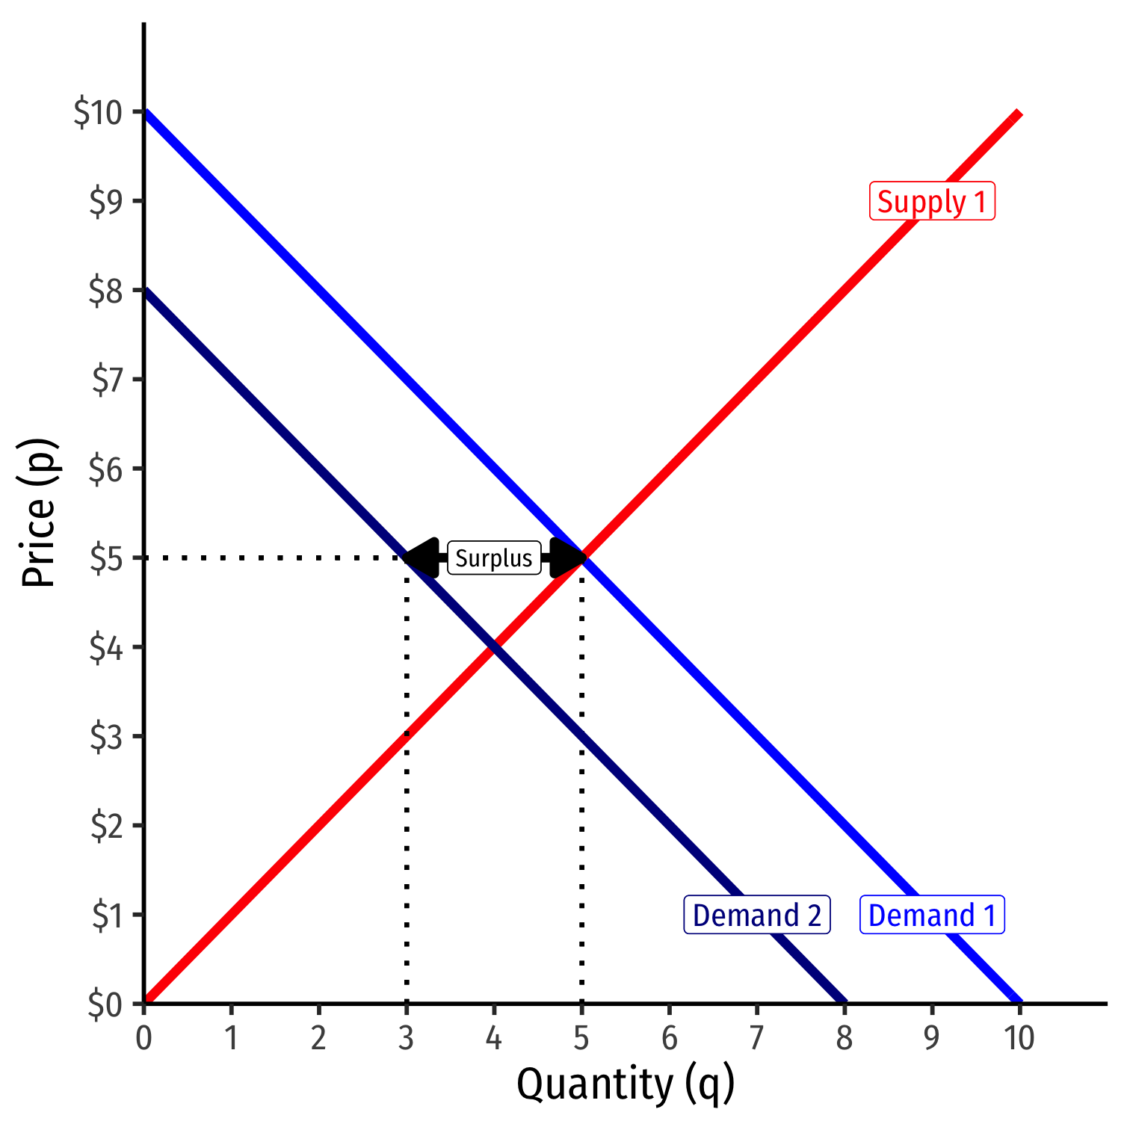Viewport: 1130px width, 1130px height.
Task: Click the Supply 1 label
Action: coord(932,202)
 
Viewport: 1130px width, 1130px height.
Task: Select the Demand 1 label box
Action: coord(932,915)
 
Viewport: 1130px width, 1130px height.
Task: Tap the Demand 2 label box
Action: coord(756,915)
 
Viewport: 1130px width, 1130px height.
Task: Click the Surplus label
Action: coord(494,558)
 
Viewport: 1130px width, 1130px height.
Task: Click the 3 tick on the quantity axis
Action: coord(406,1038)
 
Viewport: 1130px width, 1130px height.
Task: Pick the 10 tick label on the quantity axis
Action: coord(1019,1038)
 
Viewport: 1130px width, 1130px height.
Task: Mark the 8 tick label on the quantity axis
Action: coord(845,1038)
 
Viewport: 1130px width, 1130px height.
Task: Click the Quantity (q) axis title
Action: coord(626,1084)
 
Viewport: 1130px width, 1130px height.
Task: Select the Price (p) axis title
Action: coord(39,513)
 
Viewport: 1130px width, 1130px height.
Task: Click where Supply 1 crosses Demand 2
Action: coord(494,647)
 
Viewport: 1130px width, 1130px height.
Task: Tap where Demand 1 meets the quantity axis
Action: coord(1019,1002)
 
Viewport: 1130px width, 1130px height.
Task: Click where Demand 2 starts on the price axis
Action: coord(145,290)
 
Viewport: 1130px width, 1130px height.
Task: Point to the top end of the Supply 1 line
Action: coord(1018,114)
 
